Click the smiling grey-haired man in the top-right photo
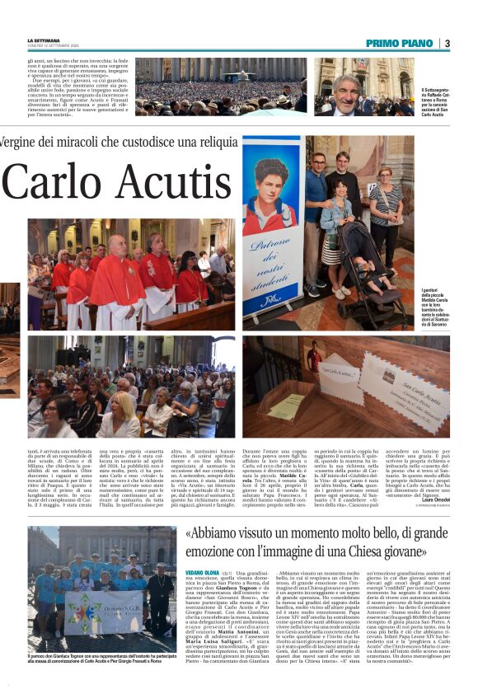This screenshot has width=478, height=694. tap(346, 91)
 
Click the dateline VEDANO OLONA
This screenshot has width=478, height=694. tap(201, 571)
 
